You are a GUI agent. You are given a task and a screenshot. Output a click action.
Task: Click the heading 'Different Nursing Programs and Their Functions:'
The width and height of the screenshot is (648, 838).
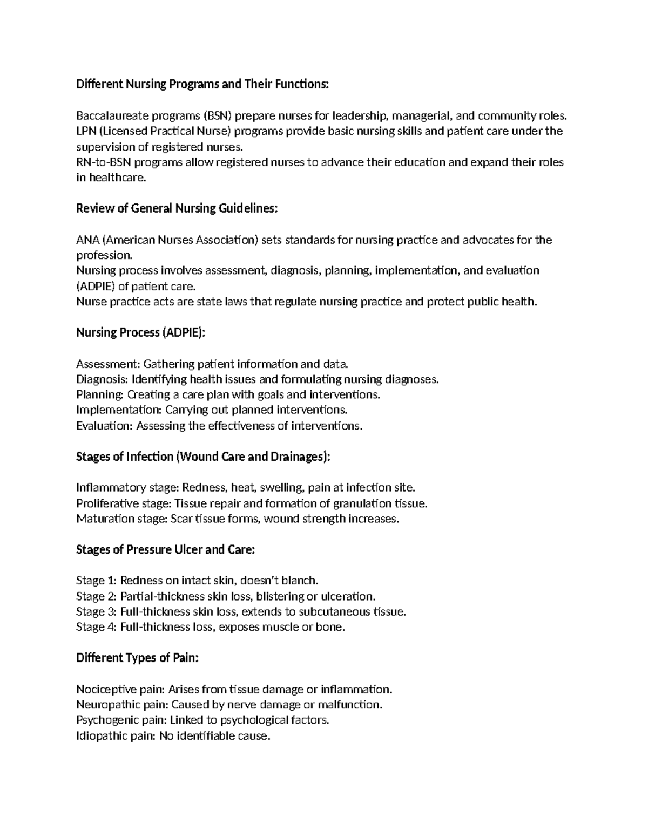(x=202, y=84)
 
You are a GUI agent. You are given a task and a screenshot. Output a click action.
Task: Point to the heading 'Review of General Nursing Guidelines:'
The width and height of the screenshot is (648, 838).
(x=177, y=208)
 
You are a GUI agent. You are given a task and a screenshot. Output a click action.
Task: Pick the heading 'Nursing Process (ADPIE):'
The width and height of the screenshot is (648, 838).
(x=141, y=332)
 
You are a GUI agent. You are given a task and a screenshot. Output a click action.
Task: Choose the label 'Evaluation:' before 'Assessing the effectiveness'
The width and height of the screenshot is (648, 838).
(x=104, y=426)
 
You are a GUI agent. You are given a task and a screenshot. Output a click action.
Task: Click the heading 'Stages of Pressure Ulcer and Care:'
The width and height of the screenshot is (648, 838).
(x=165, y=550)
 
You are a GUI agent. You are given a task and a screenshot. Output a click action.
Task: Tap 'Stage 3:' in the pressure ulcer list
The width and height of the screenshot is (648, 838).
(x=96, y=612)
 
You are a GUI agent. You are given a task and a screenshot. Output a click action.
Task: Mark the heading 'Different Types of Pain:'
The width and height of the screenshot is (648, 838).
(x=137, y=658)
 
